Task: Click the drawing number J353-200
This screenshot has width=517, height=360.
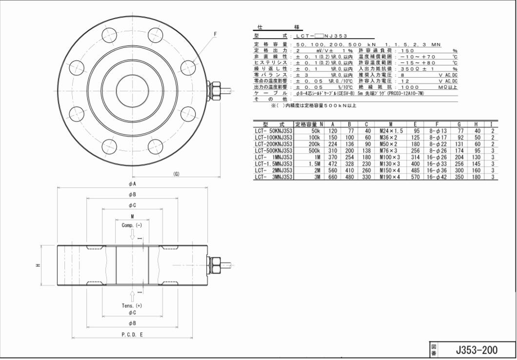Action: point(477,349)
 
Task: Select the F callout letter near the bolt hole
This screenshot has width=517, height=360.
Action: point(215,34)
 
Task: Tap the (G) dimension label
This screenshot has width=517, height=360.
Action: point(176,174)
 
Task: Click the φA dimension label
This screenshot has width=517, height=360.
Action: point(132,183)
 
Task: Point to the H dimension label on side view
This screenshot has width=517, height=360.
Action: point(39,265)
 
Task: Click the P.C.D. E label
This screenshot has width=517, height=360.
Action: point(132,334)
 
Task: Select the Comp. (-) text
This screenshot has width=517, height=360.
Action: point(132,225)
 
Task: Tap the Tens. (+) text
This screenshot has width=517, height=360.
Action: point(132,305)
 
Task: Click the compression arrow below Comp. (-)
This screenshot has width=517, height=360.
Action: point(132,235)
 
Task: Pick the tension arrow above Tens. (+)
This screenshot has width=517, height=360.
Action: point(132,296)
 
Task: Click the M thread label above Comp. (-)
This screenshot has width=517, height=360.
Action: point(132,217)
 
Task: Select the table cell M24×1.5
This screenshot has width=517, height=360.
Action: point(391,131)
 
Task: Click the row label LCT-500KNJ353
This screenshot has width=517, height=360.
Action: point(273,151)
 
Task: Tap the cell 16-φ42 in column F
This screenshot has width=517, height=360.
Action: point(437,177)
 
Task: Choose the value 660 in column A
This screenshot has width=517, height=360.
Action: point(333,177)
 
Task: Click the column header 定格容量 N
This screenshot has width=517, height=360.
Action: point(309,124)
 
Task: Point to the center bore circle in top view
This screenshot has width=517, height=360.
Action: point(132,90)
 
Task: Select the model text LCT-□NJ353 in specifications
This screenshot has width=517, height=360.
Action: point(318,37)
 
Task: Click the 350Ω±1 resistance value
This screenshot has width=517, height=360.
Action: point(413,69)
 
